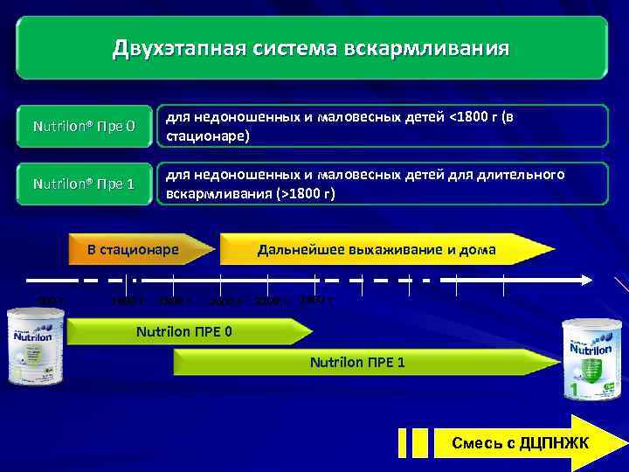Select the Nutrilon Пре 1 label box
84,184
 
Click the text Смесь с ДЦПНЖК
520,444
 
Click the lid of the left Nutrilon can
31,314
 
